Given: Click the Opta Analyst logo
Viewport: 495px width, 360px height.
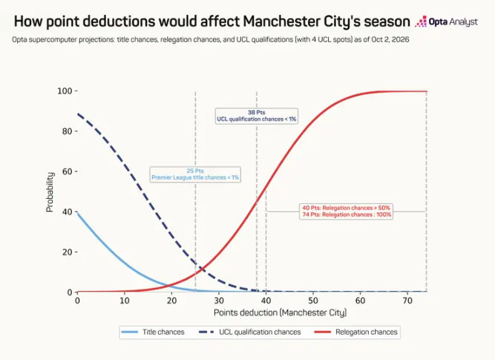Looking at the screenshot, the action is pyautogui.click(x=446, y=22).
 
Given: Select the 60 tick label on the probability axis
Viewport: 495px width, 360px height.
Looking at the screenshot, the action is pyautogui.click(x=67, y=171).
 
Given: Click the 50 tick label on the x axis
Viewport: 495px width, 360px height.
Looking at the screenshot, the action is pyautogui.click(x=313, y=301).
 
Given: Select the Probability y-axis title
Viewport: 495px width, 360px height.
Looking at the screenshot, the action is pyautogui.click(x=50, y=192).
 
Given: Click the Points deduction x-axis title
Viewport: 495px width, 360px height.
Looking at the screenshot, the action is pyautogui.click(x=281, y=312).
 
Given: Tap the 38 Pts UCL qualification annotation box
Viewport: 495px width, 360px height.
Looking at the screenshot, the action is pyautogui.click(x=256, y=116).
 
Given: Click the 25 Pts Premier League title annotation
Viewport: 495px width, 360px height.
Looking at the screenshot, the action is pyautogui.click(x=195, y=174).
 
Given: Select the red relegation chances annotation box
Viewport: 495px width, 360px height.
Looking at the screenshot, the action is pyautogui.click(x=347, y=212).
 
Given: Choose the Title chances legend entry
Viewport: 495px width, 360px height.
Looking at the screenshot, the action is pyautogui.click(x=152, y=333).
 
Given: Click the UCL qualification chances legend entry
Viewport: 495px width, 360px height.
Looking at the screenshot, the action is pyautogui.click(x=250, y=333).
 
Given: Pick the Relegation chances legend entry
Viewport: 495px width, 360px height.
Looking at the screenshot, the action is pyautogui.click(x=356, y=333).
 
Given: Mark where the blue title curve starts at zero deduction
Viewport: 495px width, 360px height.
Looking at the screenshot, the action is pyautogui.click(x=78, y=213).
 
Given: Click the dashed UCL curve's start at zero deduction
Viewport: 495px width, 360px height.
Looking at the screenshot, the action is pyautogui.click(x=78, y=114).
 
